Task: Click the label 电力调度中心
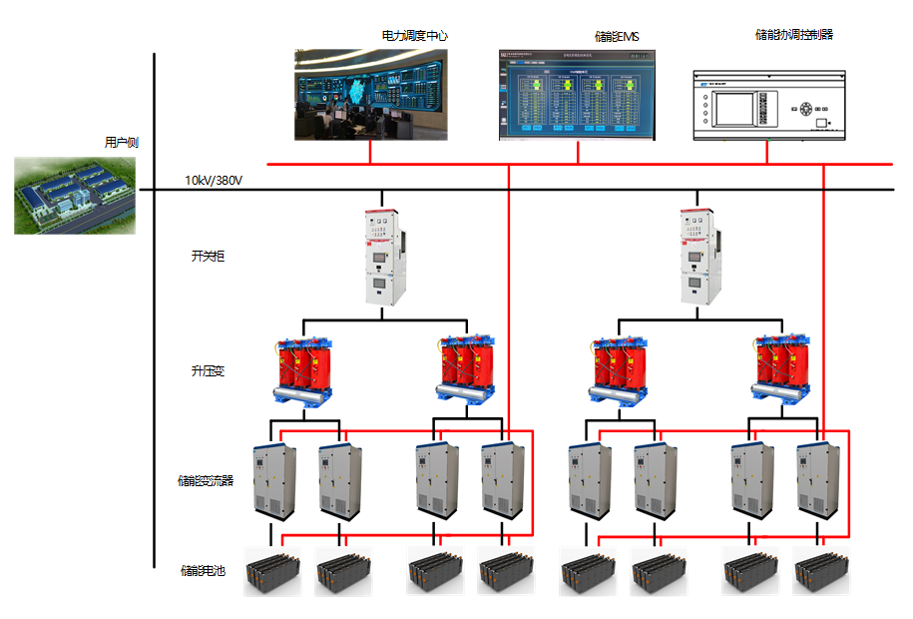coord(414,36)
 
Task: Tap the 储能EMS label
coord(617,37)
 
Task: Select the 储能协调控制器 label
coord(794,35)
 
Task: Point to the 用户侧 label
coord(121,143)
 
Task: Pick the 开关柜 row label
coord(208,256)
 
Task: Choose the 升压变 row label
coord(208,371)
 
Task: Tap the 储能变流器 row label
coord(206,480)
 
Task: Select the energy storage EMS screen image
coord(577,95)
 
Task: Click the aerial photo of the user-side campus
coord(75,195)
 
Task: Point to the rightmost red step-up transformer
coord(783,371)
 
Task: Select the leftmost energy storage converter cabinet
coord(273,480)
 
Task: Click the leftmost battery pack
coord(272,573)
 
